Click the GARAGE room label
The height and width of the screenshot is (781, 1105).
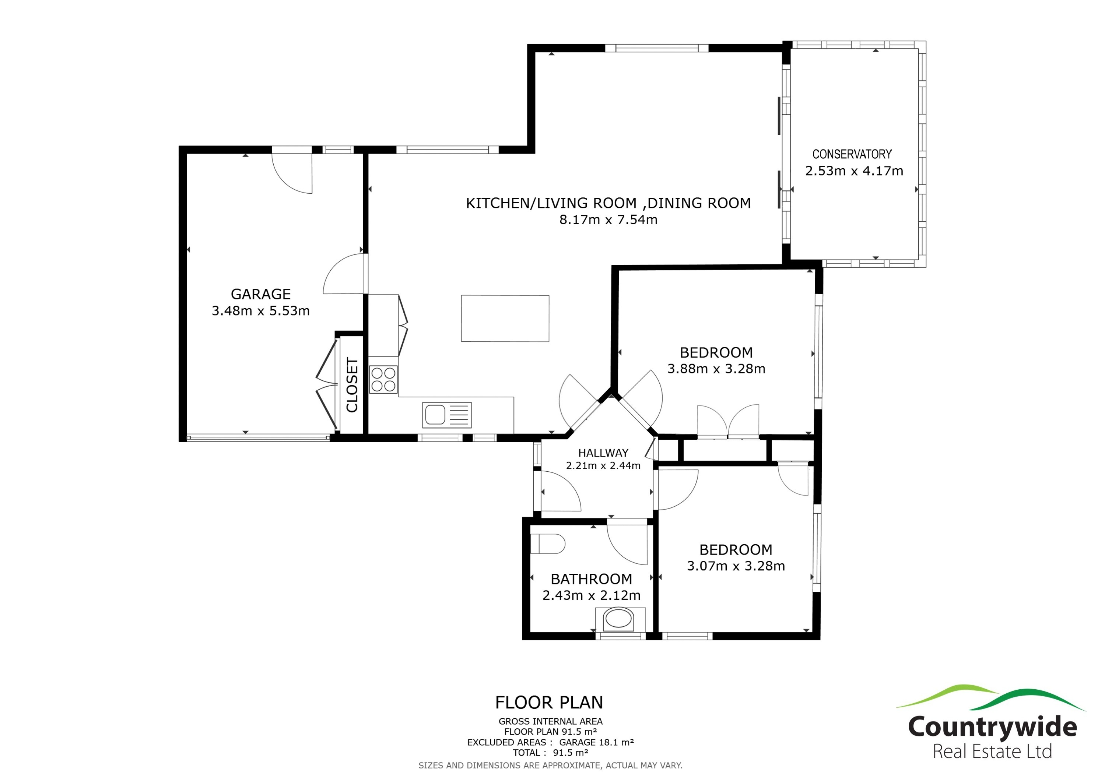[260, 294]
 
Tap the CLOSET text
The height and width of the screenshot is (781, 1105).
[352, 385]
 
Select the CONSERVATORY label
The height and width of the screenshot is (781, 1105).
[852, 154]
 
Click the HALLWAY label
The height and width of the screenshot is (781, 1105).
[603, 453]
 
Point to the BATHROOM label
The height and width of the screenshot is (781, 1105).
[591, 579]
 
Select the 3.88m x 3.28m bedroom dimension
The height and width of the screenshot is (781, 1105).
[716, 369]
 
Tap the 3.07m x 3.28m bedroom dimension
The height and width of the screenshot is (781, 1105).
[736, 566]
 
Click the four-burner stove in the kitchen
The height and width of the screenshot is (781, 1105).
[383, 380]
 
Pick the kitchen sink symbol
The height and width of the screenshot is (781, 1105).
[447, 415]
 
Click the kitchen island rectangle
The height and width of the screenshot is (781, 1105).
[505, 319]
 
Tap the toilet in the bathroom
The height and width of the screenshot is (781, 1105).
[547, 544]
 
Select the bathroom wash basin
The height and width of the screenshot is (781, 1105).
[620, 619]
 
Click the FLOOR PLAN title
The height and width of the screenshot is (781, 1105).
[549, 703]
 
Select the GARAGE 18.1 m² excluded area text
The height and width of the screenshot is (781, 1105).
[596, 742]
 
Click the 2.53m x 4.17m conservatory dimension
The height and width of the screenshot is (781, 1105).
[854, 171]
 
